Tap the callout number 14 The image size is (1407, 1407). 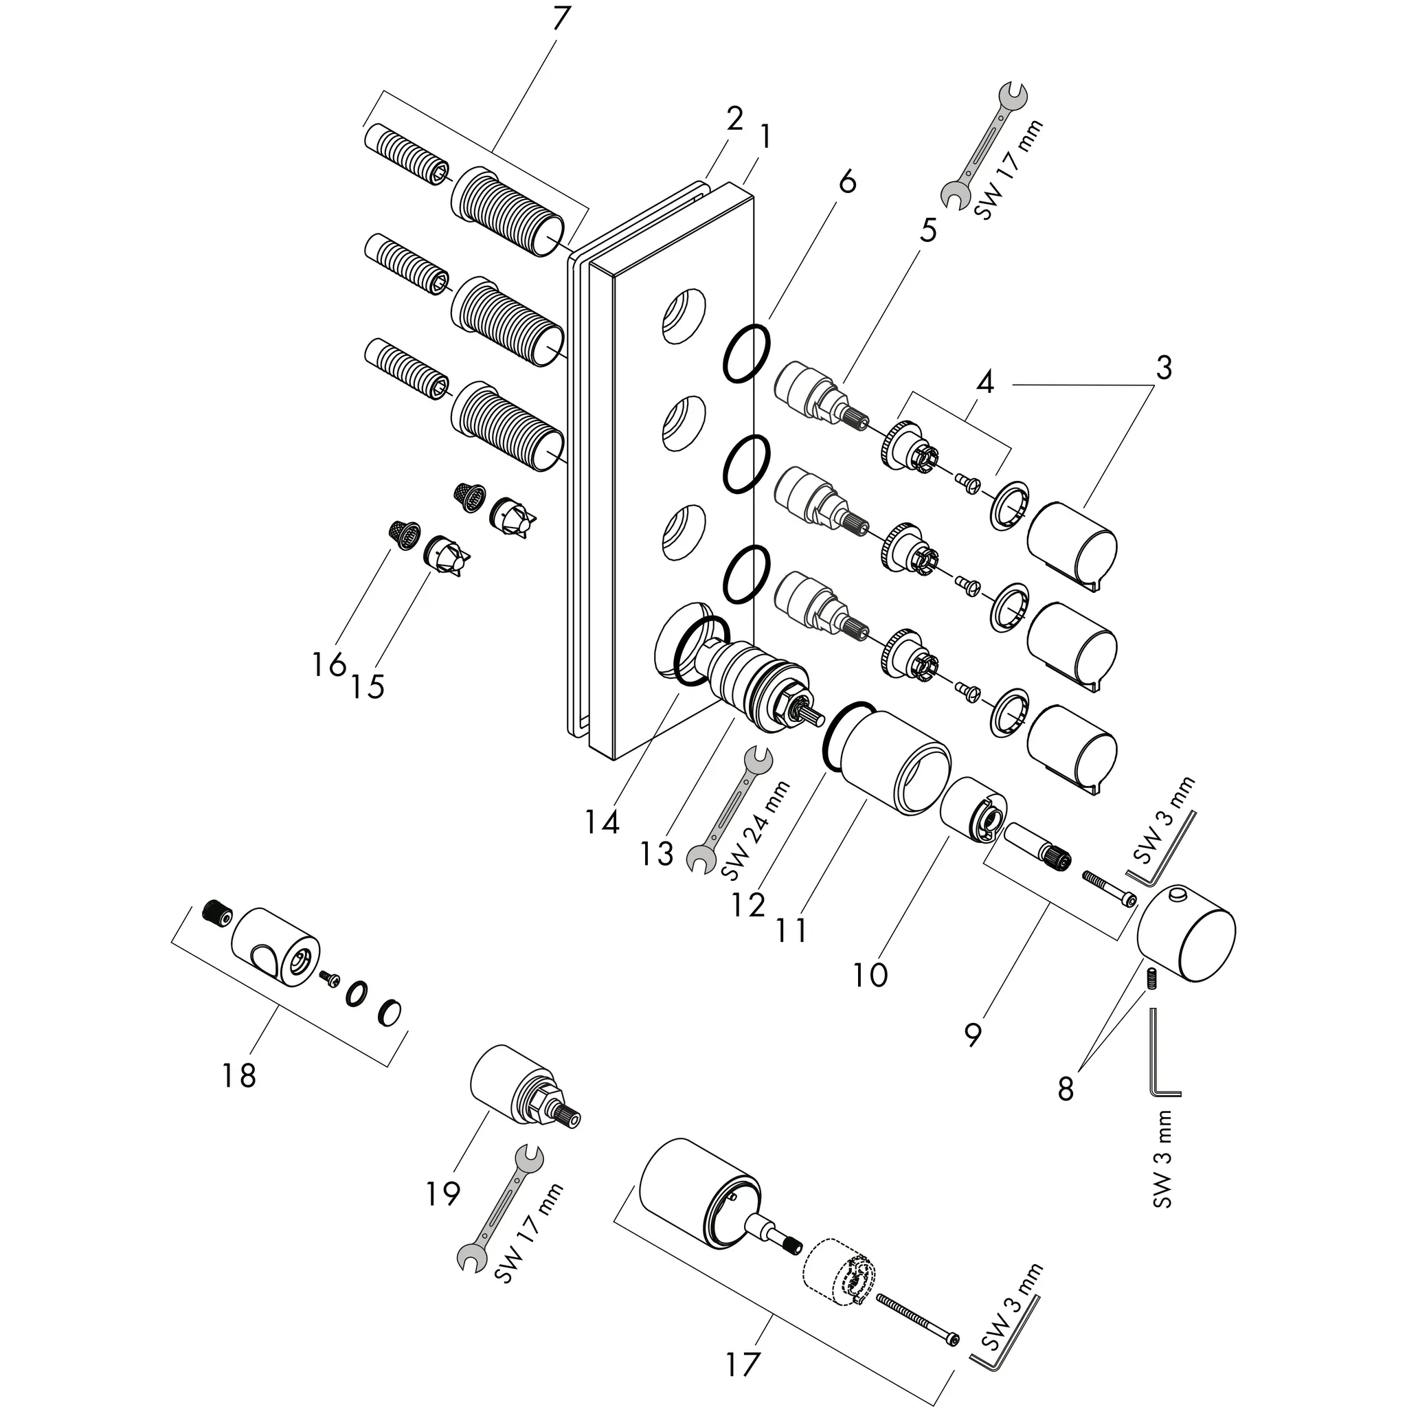tap(602, 822)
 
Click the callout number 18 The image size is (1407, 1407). tap(239, 1074)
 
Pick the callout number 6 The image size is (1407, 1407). tap(846, 181)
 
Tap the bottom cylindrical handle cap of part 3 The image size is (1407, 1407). tap(1070, 750)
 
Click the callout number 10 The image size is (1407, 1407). tap(870, 974)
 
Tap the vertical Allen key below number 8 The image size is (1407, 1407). tap(1163, 1053)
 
